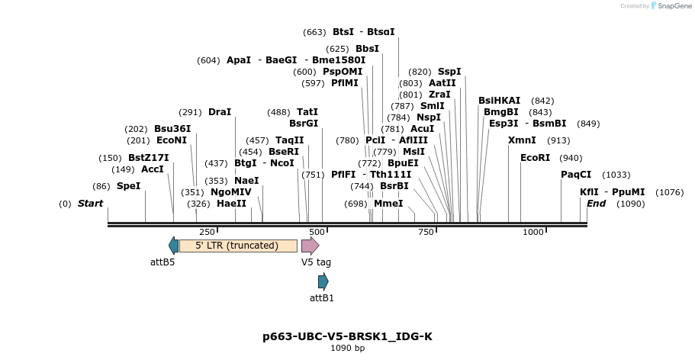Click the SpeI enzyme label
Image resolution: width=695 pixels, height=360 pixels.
click(x=128, y=186)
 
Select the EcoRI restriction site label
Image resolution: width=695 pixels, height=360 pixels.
click(x=535, y=158)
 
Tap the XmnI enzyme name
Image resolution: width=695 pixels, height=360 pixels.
click(x=522, y=140)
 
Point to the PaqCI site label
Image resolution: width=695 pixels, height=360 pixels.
click(x=576, y=175)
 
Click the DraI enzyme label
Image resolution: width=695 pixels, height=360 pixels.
click(x=220, y=112)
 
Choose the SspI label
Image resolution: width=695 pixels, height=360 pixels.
click(x=449, y=72)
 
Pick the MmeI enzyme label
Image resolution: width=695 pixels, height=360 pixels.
click(x=388, y=204)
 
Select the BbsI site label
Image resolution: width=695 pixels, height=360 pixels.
click(x=367, y=49)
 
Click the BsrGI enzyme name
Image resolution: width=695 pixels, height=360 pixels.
click(x=304, y=123)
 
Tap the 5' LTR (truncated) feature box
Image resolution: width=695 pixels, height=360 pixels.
click(x=227, y=246)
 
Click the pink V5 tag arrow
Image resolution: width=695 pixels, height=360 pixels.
click(x=310, y=246)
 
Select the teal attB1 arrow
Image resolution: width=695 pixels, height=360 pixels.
click(x=323, y=281)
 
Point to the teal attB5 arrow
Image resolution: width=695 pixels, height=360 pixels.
click(x=174, y=246)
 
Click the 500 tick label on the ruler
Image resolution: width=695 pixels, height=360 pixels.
click(x=316, y=232)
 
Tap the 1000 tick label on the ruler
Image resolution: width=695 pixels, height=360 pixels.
click(x=533, y=232)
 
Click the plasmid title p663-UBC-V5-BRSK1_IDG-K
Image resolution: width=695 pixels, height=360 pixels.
click(x=347, y=336)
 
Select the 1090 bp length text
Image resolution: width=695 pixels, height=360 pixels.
click(x=347, y=349)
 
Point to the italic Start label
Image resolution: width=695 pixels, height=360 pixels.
click(x=90, y=204)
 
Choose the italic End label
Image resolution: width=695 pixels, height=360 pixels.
click(x=596, y=204)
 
